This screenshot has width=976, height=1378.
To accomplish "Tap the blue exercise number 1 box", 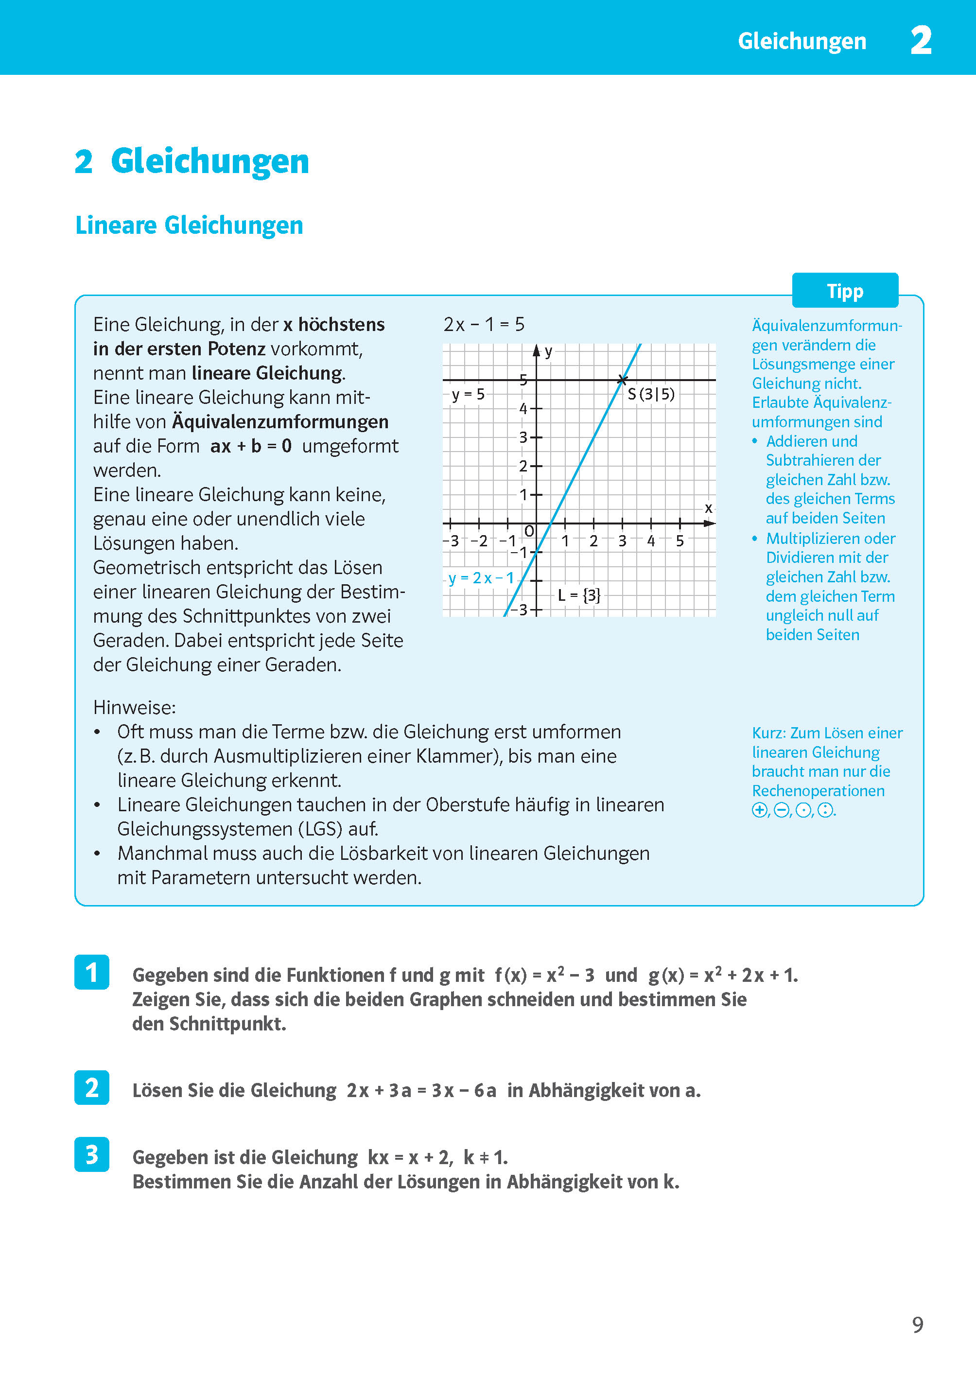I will point(91,972).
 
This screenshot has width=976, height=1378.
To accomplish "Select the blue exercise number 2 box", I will point(91,1087).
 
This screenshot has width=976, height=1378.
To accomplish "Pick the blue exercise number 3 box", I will point(91,1154).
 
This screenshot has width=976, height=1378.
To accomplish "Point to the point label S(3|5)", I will point(651,394).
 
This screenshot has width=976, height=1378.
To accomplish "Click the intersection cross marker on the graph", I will point(622,379).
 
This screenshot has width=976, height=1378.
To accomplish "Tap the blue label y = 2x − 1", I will point(481,578).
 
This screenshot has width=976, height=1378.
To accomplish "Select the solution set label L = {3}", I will point(579,595).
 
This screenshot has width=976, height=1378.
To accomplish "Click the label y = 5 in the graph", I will point(468,395).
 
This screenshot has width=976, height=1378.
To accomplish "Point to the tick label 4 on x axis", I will point(651,541).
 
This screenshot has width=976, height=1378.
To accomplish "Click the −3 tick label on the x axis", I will point(452,541).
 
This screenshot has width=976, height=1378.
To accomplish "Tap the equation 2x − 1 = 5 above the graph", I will point(484,325).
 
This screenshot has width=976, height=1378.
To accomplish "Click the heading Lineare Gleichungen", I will point(189,226).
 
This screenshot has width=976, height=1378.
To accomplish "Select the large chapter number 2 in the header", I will point(921,40).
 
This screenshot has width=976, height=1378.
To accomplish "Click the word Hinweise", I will point(134,707).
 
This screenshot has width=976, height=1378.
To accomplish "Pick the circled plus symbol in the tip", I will point(759,810).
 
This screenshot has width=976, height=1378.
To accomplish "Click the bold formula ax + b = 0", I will point(251,446).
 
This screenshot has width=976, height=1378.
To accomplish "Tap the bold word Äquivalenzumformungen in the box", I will point(280,422).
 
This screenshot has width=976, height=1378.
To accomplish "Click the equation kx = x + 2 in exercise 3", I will point(410,1157).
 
